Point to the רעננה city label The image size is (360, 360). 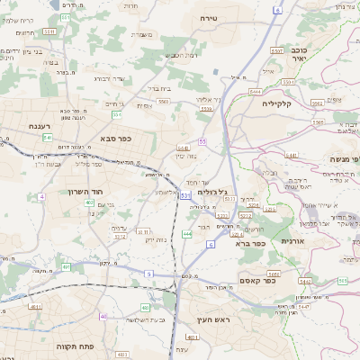coord(41,127)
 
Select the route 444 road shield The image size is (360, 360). coord(186,234)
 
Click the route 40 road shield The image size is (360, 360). coord(103,316)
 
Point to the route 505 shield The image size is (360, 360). coord(342,280)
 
